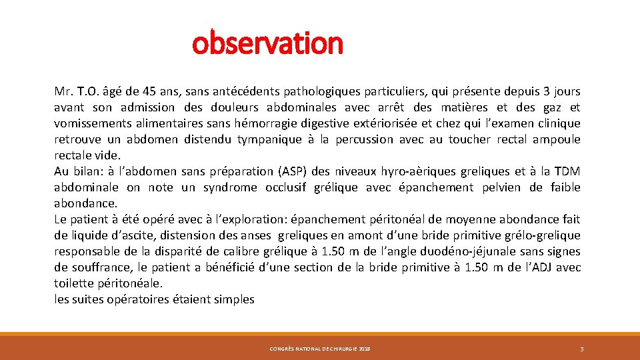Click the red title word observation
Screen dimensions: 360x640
[267, 43]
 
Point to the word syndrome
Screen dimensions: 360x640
[231, 187]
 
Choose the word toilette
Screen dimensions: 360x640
[74, 283]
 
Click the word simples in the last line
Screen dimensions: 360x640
[235, 299]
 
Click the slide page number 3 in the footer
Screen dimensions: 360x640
[581, 349]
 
